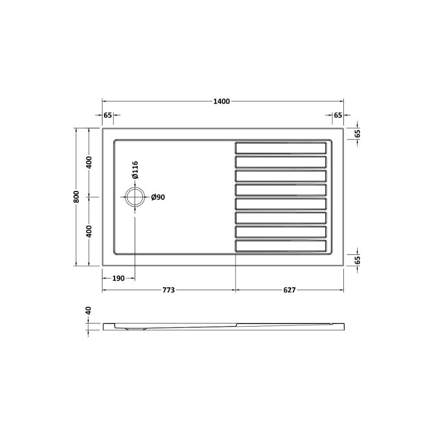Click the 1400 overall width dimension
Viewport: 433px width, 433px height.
click(221, 102)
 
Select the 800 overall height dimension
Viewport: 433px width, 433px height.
click(76, 197)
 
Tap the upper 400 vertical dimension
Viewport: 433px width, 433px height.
click(89, 162)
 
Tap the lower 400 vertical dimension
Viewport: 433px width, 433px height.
click(89, 232)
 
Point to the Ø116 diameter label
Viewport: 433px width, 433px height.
click(135, 170)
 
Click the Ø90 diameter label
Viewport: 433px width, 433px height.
click(158, 197)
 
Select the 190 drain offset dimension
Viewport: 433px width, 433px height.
click(118, 278)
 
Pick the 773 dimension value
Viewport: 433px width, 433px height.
click(168, 290)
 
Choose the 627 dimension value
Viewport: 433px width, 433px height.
click(289, 290)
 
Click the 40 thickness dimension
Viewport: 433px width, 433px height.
click(88, 311)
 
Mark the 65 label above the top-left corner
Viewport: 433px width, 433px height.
click(108, 115)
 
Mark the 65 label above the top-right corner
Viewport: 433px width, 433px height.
click(338, 115)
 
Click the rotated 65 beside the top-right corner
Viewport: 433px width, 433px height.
click(357, 133)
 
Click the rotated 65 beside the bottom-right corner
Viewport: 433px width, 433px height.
click(357, 260)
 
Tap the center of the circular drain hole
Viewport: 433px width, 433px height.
click(135, 197)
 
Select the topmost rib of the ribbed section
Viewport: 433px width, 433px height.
click(280, 148)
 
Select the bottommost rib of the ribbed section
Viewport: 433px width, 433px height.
click(280, 246)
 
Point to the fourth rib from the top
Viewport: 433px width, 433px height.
click(280, 190)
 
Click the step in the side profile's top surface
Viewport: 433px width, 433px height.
click(236, 323)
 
